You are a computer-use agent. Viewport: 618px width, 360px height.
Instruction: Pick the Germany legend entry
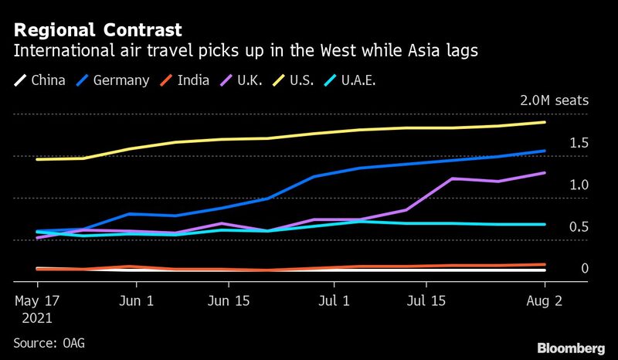click(x=114, y=80)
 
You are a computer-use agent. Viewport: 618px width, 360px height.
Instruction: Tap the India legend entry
click(x=188, y=80)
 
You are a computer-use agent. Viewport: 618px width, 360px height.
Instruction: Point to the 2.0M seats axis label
click(x=555, y=101)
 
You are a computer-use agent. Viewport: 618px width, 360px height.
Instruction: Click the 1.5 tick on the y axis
click(x=579, y=143)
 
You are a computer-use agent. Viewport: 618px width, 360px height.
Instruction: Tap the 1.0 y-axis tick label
click(x=579, y=185)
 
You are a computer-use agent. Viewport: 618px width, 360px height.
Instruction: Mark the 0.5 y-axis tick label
click(x=579, y=227)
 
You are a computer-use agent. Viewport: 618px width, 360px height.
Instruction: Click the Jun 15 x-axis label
click(x=229, y=300)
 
